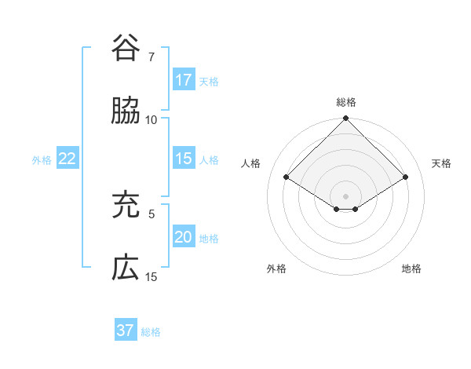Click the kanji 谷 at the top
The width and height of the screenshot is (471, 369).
(x=126, y=49)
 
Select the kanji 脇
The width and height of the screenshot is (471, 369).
(x=126, y=111)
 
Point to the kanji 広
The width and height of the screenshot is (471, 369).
(x=126, y=269)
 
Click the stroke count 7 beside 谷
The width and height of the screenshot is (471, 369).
(x=152, y=57)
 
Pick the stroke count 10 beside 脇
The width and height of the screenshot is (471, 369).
(x=152, y=120)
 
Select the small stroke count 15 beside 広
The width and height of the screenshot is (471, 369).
(x=152, y=277)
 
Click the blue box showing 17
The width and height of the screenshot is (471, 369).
(x=184, y=80)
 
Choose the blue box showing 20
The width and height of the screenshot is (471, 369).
(x=184, y=238)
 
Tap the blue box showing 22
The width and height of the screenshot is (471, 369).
(x=68, y=159)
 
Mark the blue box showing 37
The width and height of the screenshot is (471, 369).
(x=126, y=331)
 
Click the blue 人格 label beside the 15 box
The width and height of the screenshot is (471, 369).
(x=209, y=159)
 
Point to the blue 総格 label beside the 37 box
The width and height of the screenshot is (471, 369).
(x=151, y=332)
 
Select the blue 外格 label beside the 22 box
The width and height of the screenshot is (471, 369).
(x=42, y=160)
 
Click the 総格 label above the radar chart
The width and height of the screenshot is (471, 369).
(x=346, y=102)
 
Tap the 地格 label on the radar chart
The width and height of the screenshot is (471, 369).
(x=411, y=269)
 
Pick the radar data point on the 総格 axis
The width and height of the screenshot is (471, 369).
(x=346, y=119)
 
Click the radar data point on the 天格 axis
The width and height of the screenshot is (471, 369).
(x=406, y=177)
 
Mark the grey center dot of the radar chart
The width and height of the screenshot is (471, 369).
(x=346, y=195)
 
